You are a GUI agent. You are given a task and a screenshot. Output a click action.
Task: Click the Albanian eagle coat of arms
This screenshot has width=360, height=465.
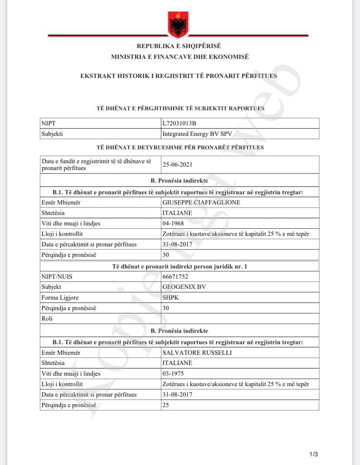click(x=178, y=24)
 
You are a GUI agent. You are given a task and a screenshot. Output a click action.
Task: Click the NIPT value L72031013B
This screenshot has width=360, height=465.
click(x=179, y=123)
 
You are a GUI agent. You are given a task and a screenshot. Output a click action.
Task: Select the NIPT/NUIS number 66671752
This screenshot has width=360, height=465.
click(x=175, y=277)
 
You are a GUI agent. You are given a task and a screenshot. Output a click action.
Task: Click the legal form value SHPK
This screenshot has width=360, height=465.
click(x=170, y=298)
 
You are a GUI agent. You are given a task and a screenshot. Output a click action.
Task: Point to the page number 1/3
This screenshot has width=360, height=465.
click(x=314, y=454)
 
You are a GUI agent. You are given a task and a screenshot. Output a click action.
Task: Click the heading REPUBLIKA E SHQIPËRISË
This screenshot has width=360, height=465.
click(x=179, y=46)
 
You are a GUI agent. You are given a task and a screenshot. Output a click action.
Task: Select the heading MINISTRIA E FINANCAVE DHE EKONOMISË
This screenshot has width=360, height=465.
click(x=180, y=57)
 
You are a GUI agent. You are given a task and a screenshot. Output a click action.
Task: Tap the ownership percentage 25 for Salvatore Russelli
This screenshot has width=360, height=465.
click(x=166, y=405)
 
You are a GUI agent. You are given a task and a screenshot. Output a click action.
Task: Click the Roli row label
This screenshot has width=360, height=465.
click(x=47, y=319)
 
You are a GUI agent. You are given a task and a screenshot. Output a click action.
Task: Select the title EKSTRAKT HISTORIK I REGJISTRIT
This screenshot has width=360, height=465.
click(x=178, y=76)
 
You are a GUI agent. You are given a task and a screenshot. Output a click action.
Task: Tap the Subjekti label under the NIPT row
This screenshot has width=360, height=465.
click(x=52, y=134)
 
